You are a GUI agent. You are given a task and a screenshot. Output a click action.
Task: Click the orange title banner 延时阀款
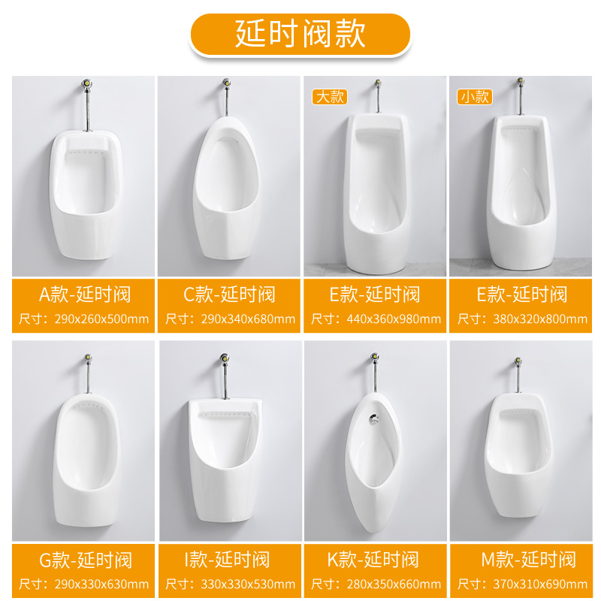pos(300,34)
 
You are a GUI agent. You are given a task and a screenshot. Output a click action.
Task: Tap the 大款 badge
pos(330,97)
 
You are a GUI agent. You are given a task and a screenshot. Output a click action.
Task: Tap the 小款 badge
pos(475,97)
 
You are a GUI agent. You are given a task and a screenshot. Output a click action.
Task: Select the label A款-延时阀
pos(85,294)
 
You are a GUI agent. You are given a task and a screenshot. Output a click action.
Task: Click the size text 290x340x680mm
pos(248,319)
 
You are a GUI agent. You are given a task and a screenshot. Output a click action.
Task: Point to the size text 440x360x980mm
pos(394,319)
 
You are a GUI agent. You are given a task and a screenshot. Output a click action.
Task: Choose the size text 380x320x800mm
pos(540,319)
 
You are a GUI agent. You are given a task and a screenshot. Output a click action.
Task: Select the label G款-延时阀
pos(86,560)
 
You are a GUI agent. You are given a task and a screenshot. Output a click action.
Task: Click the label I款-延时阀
pos(227,559)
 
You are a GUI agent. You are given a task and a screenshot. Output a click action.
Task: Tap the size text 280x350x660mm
pos(394,584)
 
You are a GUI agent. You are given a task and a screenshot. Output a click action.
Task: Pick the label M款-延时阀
pos(529,559)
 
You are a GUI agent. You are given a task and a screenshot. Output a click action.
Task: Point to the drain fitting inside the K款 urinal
pos(373,419)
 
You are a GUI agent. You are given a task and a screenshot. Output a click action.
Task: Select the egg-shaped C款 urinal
pos(226,188)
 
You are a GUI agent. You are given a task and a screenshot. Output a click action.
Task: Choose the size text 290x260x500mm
pos(101,319)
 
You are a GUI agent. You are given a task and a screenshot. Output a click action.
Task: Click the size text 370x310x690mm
pos(540,584)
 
